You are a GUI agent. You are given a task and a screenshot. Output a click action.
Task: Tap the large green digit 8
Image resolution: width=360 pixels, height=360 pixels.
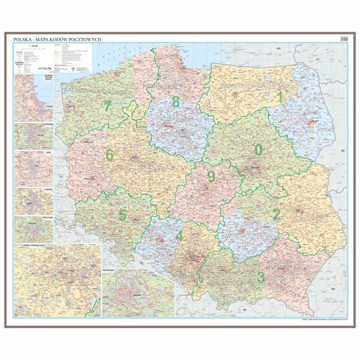coord(175,101)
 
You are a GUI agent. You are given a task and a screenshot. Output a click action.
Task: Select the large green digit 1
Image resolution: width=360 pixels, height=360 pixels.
coord(280,97)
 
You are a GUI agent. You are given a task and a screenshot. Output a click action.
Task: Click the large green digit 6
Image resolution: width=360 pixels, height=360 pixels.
coord(110,156)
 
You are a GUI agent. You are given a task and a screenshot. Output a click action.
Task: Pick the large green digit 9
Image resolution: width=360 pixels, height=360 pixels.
coord(211,176)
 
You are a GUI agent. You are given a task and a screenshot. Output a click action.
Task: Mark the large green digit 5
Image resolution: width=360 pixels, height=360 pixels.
coord(122,214)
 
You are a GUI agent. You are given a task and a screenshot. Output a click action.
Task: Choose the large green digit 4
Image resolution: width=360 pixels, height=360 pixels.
coord(179,235)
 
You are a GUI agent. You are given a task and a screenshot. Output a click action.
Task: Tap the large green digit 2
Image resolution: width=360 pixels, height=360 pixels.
coord(276,213)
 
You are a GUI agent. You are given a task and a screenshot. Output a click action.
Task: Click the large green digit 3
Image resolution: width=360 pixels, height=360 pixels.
coord(261,277)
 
